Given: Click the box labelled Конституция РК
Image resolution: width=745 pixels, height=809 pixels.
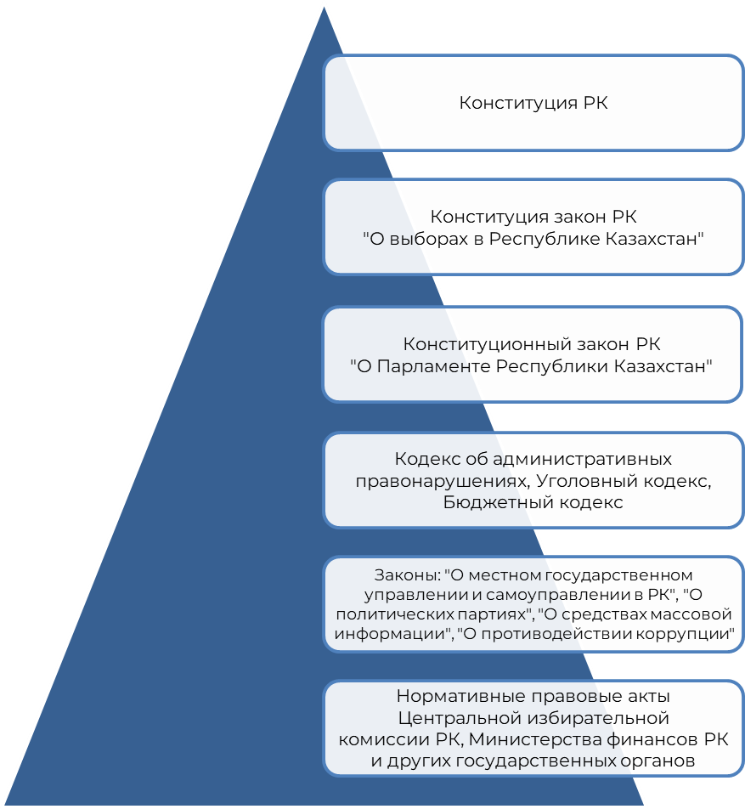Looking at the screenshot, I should click(533, 103).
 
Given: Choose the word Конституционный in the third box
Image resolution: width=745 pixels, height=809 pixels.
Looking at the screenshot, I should click(472, 345).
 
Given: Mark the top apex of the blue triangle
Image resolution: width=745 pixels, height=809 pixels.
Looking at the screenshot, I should click(324, 4).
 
